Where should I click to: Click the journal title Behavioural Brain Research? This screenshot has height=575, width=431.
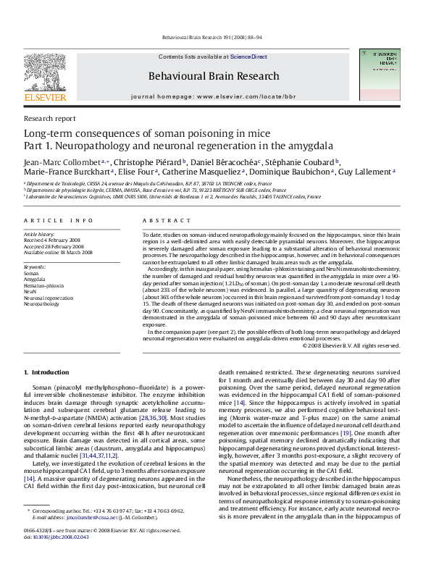tap(213, 76)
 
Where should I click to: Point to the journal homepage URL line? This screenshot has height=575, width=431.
tap(213, 96)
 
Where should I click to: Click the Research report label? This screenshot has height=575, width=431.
tap(49, 118)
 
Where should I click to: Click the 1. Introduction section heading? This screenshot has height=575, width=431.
tap(47, 372)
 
